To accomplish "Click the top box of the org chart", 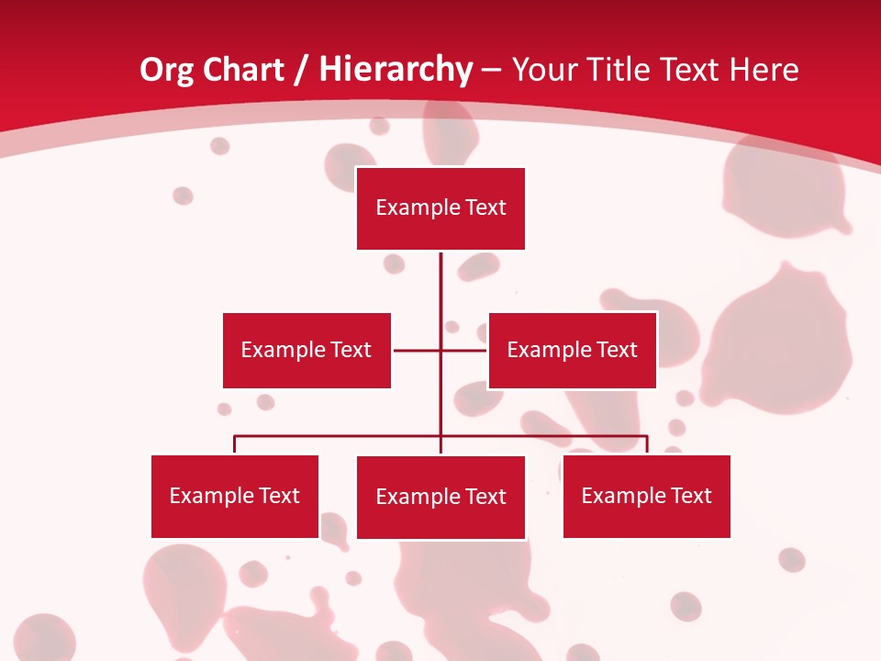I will coord(440,208).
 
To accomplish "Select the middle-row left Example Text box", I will coord(307,350).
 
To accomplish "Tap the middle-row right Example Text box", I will coord(572,350).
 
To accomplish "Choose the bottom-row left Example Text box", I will coord(235,496).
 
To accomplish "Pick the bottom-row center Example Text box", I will coord(440,497).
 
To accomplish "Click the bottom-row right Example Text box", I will coord(646,496).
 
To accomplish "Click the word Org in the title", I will coord(166,70).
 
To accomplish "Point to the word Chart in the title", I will coord(242,70).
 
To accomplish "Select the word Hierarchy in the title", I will coord(396,70).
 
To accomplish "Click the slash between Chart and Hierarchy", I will coord(301,70).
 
